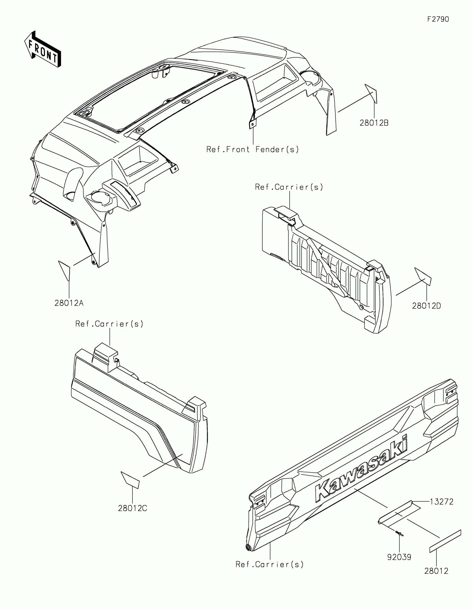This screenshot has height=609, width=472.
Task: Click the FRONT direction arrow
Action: [x=42, y=49]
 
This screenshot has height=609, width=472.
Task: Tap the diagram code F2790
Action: [x=438, y=19]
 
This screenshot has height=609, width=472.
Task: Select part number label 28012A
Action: [x=69, y=303]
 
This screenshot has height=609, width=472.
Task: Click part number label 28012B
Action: [x=374, y=123]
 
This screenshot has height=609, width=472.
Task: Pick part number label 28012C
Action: [x=132, y=508]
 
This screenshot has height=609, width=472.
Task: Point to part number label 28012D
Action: [x=426, y=306]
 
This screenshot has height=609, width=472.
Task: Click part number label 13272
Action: [x=441, y=502]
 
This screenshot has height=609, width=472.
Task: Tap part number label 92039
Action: [x=399, y=557]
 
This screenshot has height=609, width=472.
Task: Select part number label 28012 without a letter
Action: [x=436, y=571]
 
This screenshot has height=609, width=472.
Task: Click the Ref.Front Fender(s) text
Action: [x=253, y=149]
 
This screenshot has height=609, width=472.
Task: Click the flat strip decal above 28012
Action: [x=445, y=541]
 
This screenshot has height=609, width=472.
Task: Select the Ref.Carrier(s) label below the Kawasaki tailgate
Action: [x=269, y=564]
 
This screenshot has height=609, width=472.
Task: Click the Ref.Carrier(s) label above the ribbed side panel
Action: [x=289, y=187]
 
